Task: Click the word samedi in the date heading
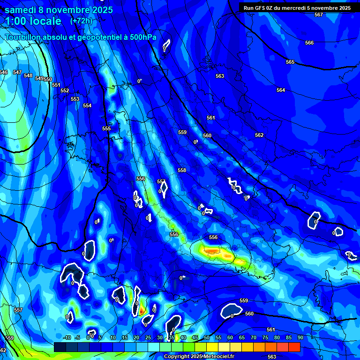pos(21,9)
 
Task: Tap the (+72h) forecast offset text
pos(81,21)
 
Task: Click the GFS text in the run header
pos(260,7)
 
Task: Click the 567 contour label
pos(319,15)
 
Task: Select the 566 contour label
pos(309,43)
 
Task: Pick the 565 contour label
pos(290,62)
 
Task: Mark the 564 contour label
pos(281,90)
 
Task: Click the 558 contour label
pos(182,170)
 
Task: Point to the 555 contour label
pos(106,128)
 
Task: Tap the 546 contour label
pos(4,72)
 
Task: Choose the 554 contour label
pos(87,105)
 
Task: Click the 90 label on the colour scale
pos(300,337)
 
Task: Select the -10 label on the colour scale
pos(67,337)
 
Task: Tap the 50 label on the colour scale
pos(207,337)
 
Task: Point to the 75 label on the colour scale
pos(265,337)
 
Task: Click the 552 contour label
pos(65,90)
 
